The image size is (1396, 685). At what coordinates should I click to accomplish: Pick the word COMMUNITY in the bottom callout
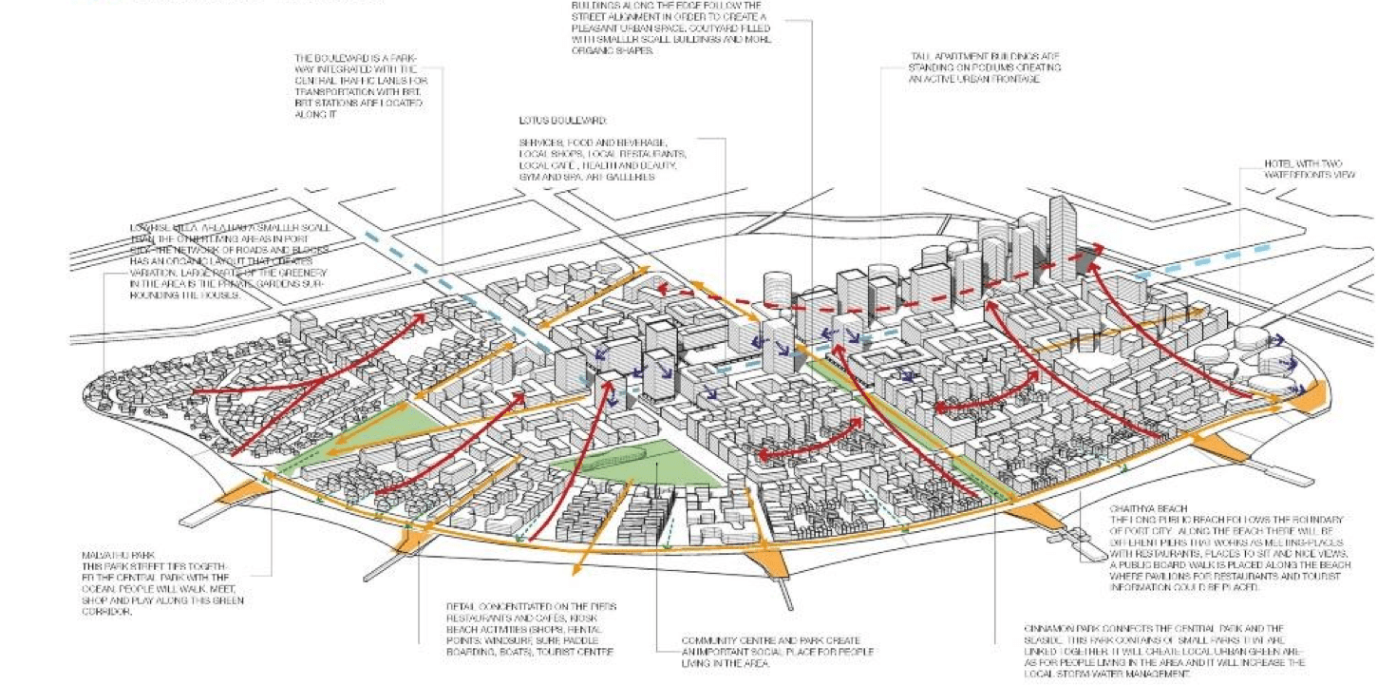pos(709,640)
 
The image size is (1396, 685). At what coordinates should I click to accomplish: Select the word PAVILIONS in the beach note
pos(1174,577)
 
